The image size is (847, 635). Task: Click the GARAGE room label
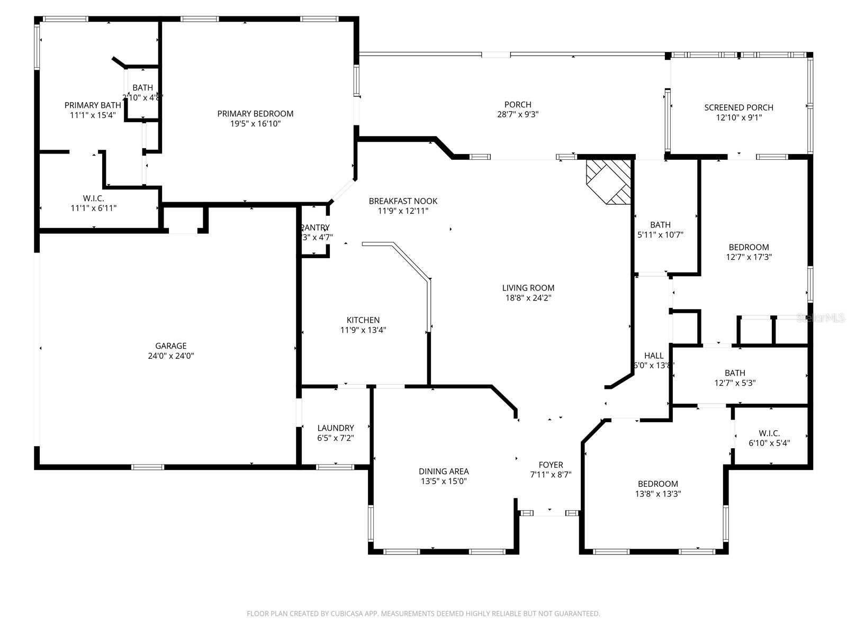click(x=170, y=346)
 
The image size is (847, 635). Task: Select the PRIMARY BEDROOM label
click(x=255, y=114)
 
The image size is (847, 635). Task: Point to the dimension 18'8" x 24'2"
click(x=528, y=298)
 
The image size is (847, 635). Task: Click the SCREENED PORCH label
click(x=738, y=107)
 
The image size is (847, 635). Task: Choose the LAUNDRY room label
click(x=336, y=428)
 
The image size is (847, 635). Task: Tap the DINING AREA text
click(x=444, y=471)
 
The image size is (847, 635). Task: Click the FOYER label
click(x=551, y=465)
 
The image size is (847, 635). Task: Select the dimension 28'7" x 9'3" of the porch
click(x=518, y=114)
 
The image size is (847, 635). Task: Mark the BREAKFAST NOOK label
click(x=403, y=201)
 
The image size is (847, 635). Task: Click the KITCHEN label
click(x=363, y=320)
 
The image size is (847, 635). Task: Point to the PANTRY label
click(x=316, y=228)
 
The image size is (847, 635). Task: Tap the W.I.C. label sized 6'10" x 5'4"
click(x=769, y=433)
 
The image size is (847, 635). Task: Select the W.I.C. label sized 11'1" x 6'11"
click(x=93, y=198)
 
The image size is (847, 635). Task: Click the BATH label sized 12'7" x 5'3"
click(x=735, y=373)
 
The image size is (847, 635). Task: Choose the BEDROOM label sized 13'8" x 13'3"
click(x=657, y=484)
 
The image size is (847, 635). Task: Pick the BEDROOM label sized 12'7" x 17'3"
click(x=749, y=247)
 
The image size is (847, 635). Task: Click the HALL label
click(x=653, y=356)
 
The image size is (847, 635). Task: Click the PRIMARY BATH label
click(x=93, y=105)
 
